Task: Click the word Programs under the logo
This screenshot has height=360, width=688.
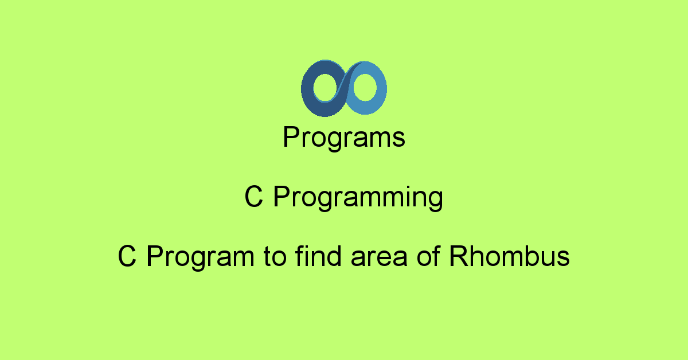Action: tap(344, 138)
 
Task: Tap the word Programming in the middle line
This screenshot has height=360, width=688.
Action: tap(358, 197)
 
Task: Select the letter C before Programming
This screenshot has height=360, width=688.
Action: tap(253, 196)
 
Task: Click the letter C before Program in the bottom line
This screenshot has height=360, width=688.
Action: tap(127, 256)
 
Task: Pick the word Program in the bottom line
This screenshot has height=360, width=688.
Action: tap(201, 257)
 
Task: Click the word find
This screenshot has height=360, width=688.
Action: tap(318, 256)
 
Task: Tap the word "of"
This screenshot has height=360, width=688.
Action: tap(429, 256)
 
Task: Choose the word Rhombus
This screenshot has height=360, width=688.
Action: tap(510, 256)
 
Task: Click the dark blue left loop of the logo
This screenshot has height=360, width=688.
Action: tap(307, 92)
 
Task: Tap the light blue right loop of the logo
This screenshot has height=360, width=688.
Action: tap(381, 89)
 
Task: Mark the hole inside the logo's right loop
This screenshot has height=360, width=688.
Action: tap(365, 87)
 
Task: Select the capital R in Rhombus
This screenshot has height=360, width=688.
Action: tap(460, 256)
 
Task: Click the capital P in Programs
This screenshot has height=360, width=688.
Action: tap(292, 136)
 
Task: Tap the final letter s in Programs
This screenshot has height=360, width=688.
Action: tap(398, 139)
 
